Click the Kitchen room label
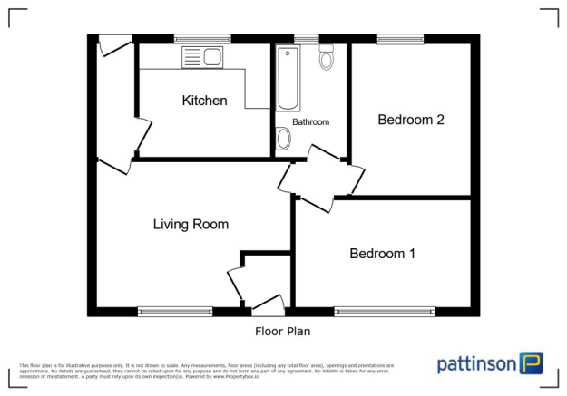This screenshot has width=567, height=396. (204, 101)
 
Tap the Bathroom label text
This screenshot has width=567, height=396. (310, 121)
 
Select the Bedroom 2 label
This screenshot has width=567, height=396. (410, 120)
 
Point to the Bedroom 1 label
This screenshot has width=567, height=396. (382, 254)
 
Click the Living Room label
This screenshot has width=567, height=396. (191, 224)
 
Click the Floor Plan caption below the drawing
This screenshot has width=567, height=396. (283, 332)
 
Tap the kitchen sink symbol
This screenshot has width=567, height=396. (202, 57)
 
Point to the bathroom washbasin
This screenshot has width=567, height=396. (283, 139)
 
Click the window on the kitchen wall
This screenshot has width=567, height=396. (202, 38)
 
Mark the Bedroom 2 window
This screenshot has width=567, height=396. (401, 38)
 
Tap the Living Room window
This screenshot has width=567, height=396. (175, 312)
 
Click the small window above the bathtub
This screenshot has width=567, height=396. (306, 38)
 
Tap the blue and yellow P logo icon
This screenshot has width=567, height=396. (532, 363)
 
